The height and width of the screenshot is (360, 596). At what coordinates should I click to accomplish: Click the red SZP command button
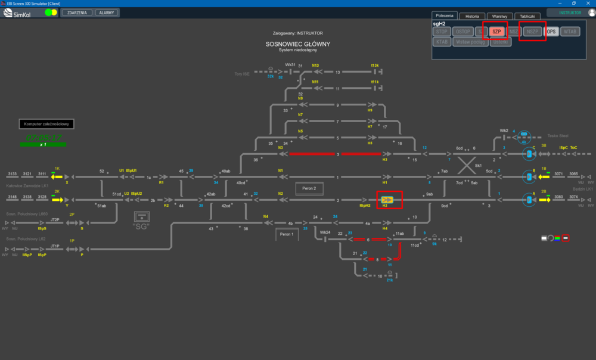pyautogui.click(x=496, y=32)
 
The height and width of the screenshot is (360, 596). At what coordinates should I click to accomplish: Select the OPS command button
pyautogui.click(x=552, y=32)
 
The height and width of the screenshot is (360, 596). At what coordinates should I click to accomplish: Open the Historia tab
pyautogui.click(x=472, y=16)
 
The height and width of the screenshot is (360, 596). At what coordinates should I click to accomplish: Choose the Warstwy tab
pyautogui.click(x=499, y=16)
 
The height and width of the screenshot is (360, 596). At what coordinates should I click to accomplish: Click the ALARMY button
pyautogui.click(x=107, y=13)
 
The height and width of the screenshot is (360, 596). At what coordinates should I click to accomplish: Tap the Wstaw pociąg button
pyautogui.click(x=470, y=42)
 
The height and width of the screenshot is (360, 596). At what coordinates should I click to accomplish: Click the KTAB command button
pyautogui.click(x=442, y=42)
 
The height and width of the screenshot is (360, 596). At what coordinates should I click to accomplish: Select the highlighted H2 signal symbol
pyautogui.click(x=387, y=199)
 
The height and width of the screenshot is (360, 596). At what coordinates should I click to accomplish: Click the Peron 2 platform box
pyautogui.click(x=309, y=188)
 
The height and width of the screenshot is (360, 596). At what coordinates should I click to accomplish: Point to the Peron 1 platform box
pyautogui.click(x=287, y=235)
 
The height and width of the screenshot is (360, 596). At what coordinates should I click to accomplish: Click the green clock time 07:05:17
pyautogui.click(x=44, y=138)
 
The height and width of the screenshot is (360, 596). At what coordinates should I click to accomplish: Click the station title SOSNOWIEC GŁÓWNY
pyautogui.click(x=298, y=44)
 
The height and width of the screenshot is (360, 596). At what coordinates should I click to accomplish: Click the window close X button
pyautogui.click(x=588, y=4)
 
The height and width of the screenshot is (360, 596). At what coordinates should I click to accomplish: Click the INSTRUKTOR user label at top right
pyautogui.click(x=570, y=13)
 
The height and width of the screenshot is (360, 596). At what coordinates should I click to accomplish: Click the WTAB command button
pyautogui.click(x=570, y=32)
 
